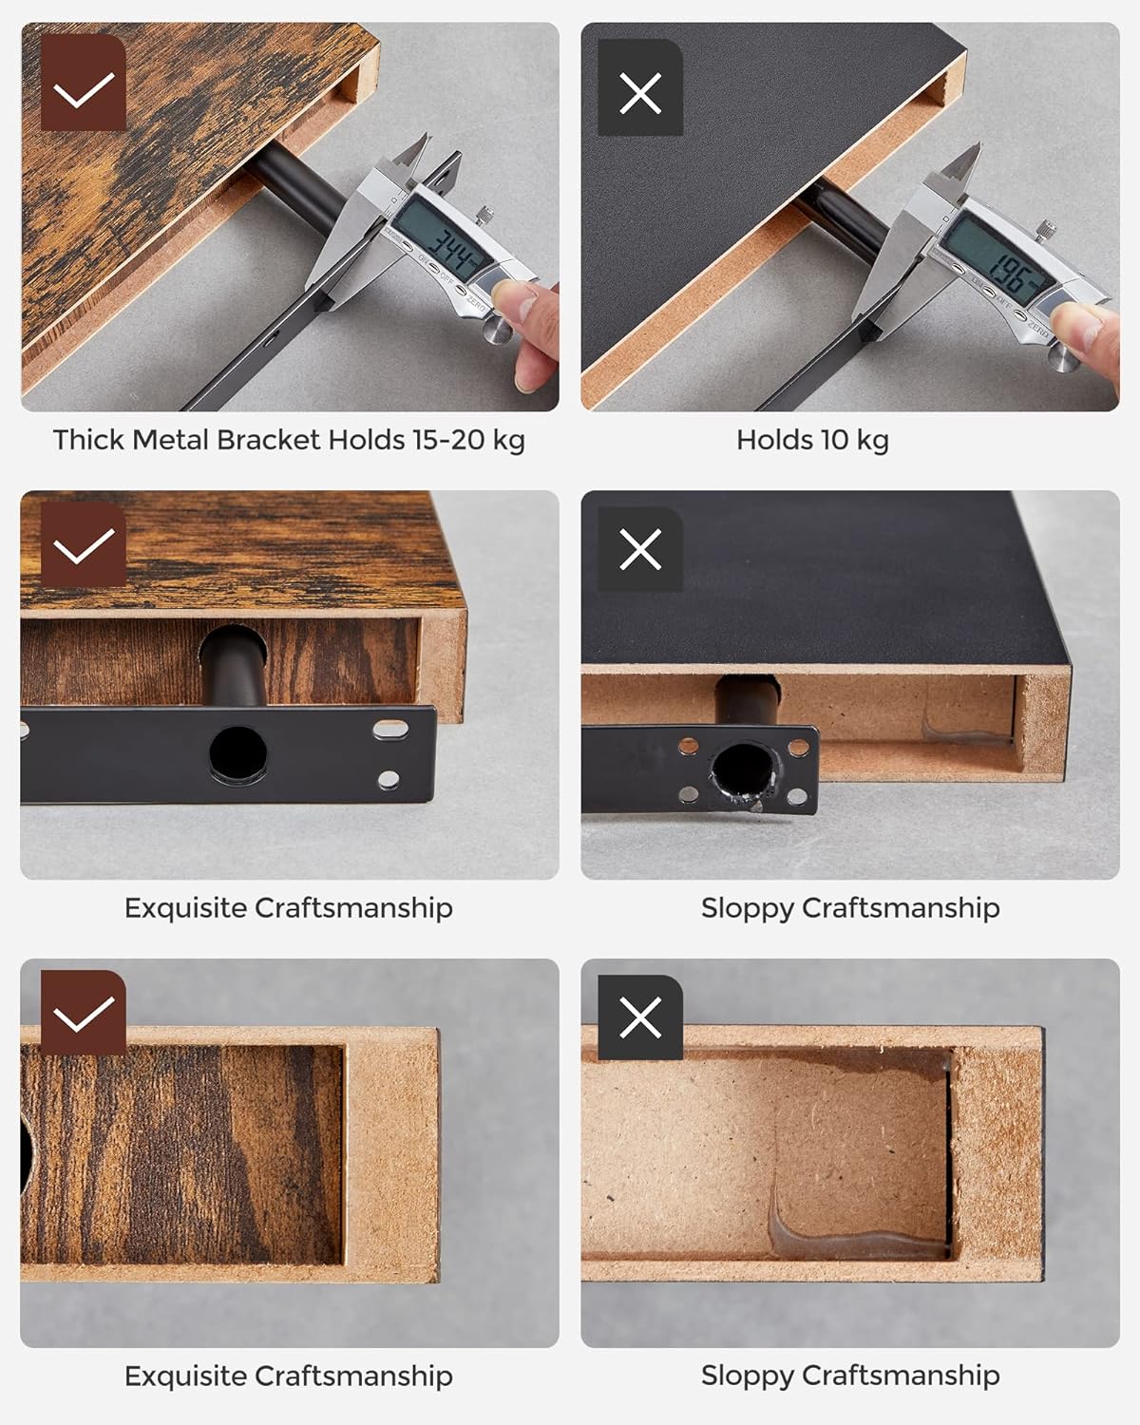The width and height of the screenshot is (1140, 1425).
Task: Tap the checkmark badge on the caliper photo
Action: [84, 83]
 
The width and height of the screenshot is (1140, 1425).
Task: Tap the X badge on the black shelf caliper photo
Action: [640, 87]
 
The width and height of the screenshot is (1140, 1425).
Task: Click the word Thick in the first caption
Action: [88, 440]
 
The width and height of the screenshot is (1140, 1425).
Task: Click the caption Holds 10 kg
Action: [813, 441]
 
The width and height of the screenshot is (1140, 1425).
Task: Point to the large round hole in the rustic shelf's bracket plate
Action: [238, 753]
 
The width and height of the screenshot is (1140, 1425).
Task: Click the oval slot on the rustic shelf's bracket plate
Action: [390, 730]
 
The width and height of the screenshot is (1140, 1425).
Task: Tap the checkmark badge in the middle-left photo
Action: [84, 544]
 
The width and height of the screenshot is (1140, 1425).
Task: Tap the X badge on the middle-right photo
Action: [640, 550]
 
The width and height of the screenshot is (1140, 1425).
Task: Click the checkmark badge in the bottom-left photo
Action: [84, 1013]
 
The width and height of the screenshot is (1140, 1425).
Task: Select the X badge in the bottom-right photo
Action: [640, 1017]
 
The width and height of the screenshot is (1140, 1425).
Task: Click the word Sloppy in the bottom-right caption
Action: [747, 1377]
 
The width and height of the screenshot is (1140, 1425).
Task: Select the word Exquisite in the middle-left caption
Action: [185, 908]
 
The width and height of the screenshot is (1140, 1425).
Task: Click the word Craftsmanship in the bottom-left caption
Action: [353, 1377]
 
